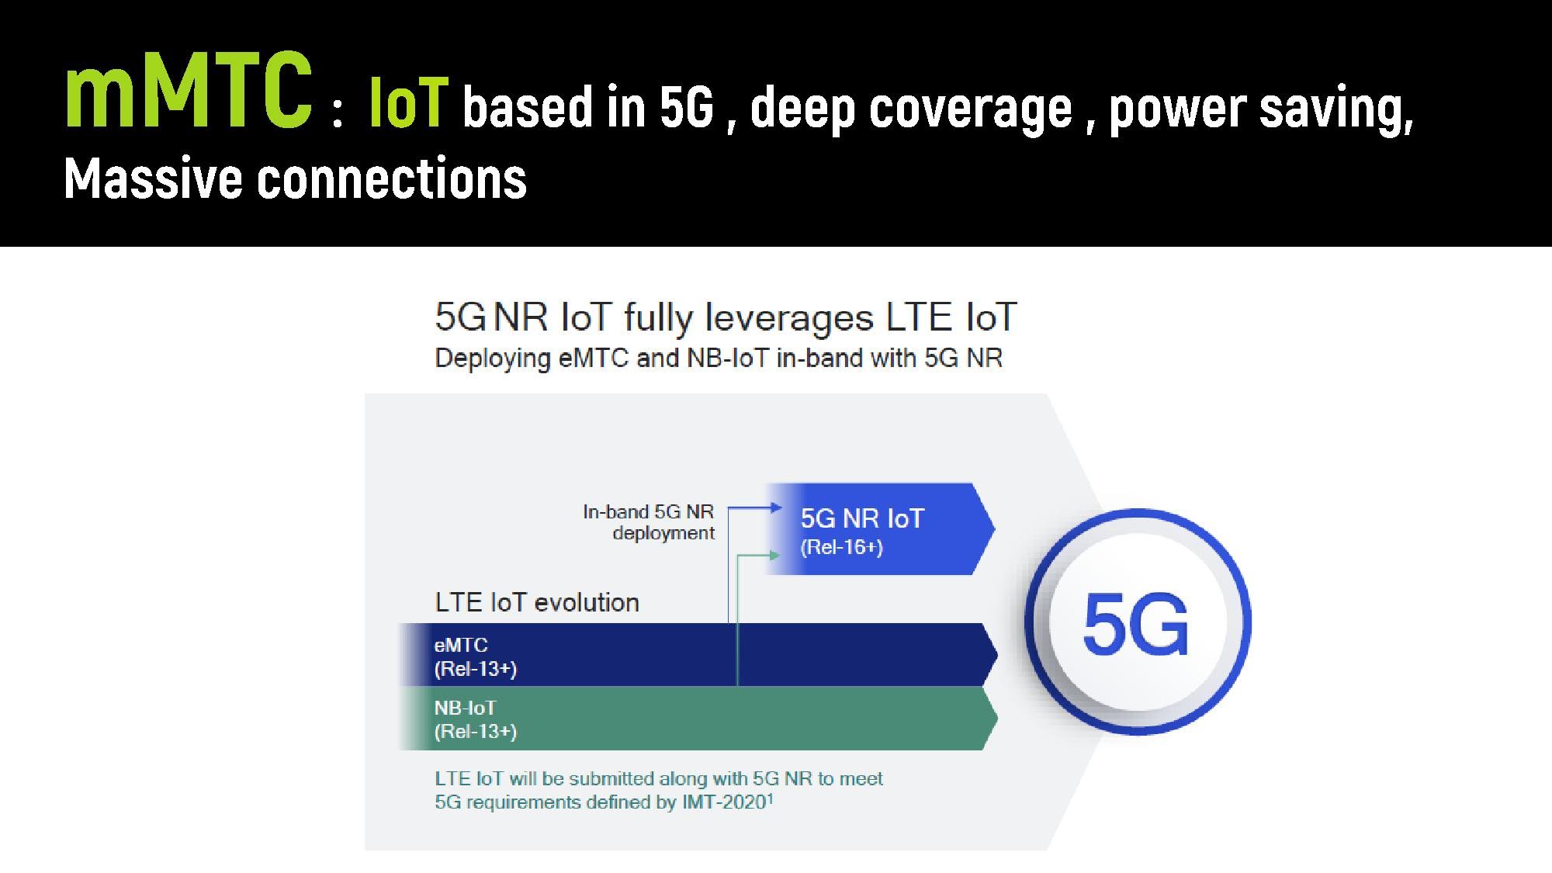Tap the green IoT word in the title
pos(408,104)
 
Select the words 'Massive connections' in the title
pos(295,178)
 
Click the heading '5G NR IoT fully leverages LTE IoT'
pos(726,317)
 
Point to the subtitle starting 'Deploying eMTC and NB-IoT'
pos(719,359)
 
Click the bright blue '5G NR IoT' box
pos(880,528)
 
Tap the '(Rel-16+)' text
pos(841,548)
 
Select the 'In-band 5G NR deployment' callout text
pos(649,522)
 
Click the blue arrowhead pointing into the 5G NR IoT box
pos(776,508)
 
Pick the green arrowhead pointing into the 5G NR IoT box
pos(774,555)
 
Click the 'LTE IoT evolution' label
pos(537,603)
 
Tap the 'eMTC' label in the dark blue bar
pos(461,645)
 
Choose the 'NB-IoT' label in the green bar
pos(465,708)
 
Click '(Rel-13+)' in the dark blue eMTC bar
pos(476,669)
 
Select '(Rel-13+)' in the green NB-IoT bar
pos(476,732)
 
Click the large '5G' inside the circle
pos(1135,624)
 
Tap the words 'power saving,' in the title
pos(1261,108)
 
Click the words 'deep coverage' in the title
pos(912,108)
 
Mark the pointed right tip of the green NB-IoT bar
pos(997,719)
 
